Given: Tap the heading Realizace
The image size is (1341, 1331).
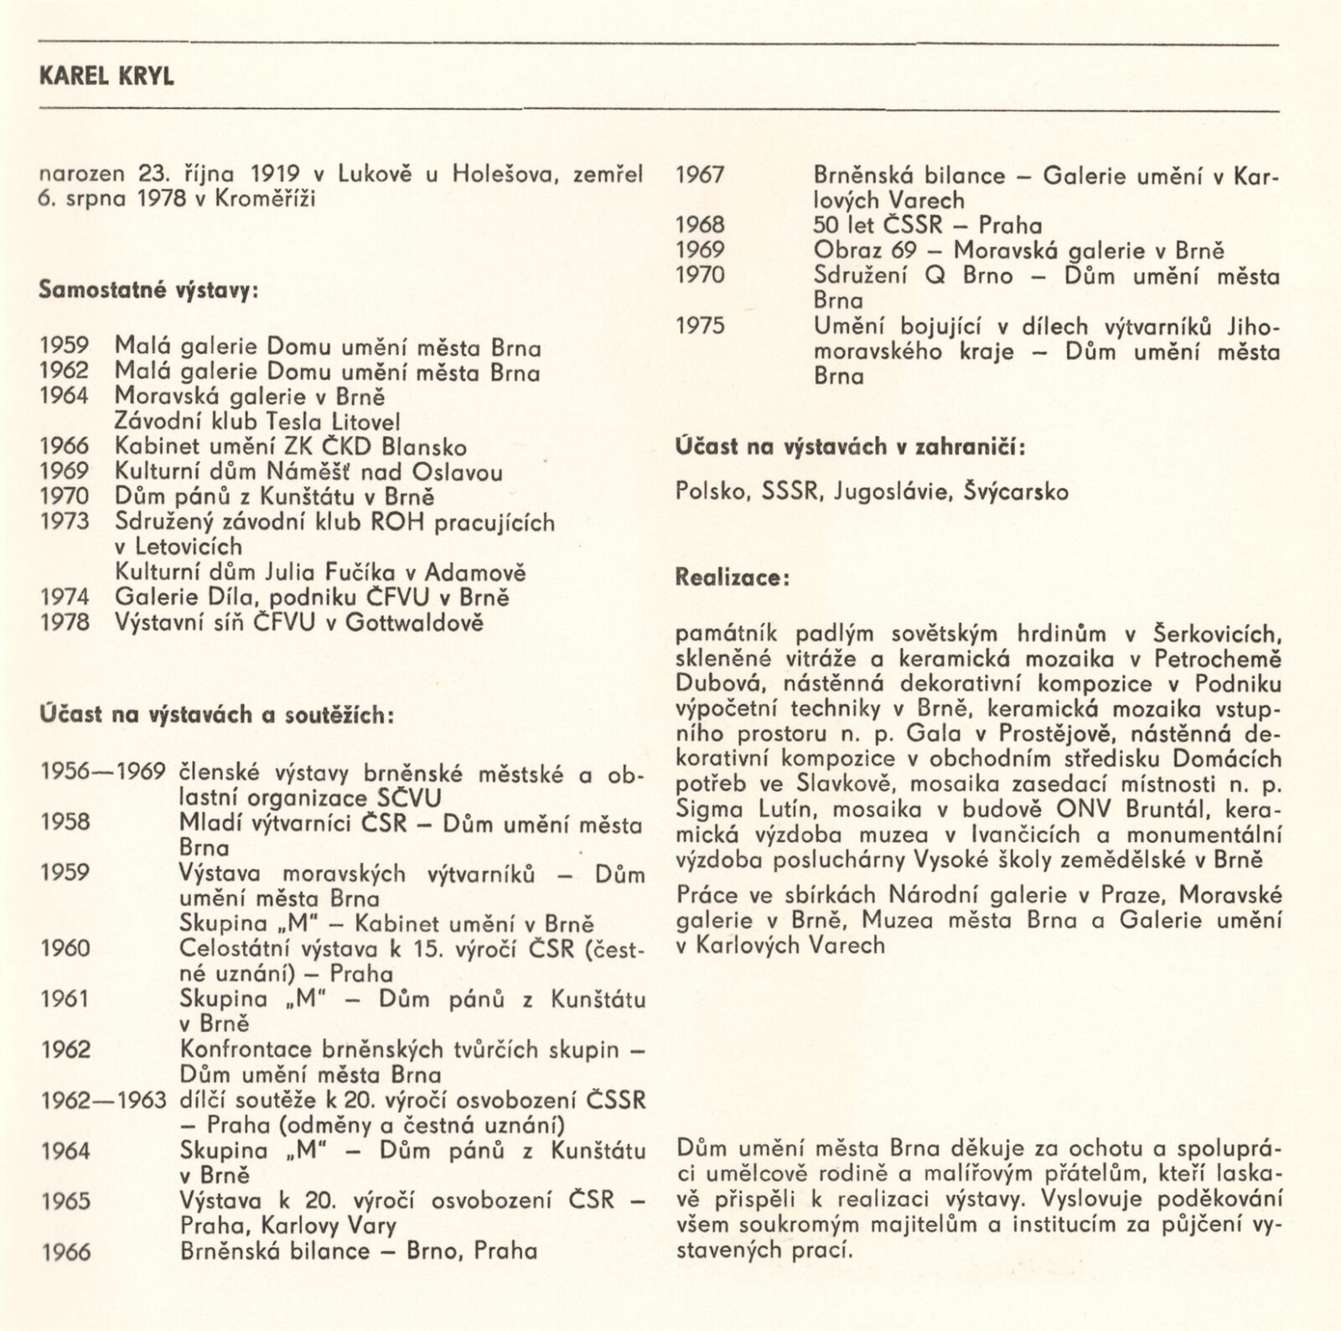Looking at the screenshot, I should pos(732,578).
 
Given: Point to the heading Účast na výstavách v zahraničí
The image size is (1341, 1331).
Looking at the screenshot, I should pos(852,447).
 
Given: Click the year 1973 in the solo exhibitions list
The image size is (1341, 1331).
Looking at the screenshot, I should pos(64,521).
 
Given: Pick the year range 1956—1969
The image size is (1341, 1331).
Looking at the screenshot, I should pos(103,772).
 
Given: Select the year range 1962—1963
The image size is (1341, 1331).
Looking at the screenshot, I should pos(103,1099).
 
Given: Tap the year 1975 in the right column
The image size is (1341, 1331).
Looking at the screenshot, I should pos(700,326).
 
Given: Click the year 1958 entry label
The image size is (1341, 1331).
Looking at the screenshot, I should pos(64,821).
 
